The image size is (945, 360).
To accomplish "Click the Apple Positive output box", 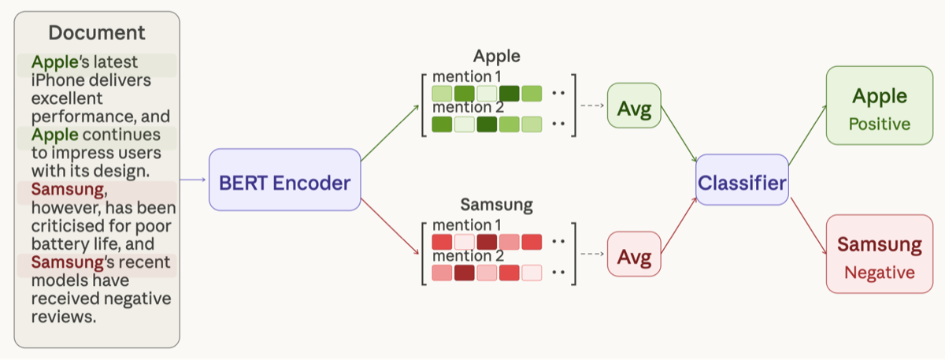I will (x=879, y=106).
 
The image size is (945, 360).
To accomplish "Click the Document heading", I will (x=97, y=32).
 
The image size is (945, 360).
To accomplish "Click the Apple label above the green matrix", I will (x=497, y=57).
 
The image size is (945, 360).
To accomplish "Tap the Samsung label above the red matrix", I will (x=496, y=205).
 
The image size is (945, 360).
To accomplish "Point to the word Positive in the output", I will (x=879, y=124).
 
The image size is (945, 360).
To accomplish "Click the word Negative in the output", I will (x=879, y=273).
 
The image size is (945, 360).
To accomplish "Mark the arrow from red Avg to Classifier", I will (x=679, y=225).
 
